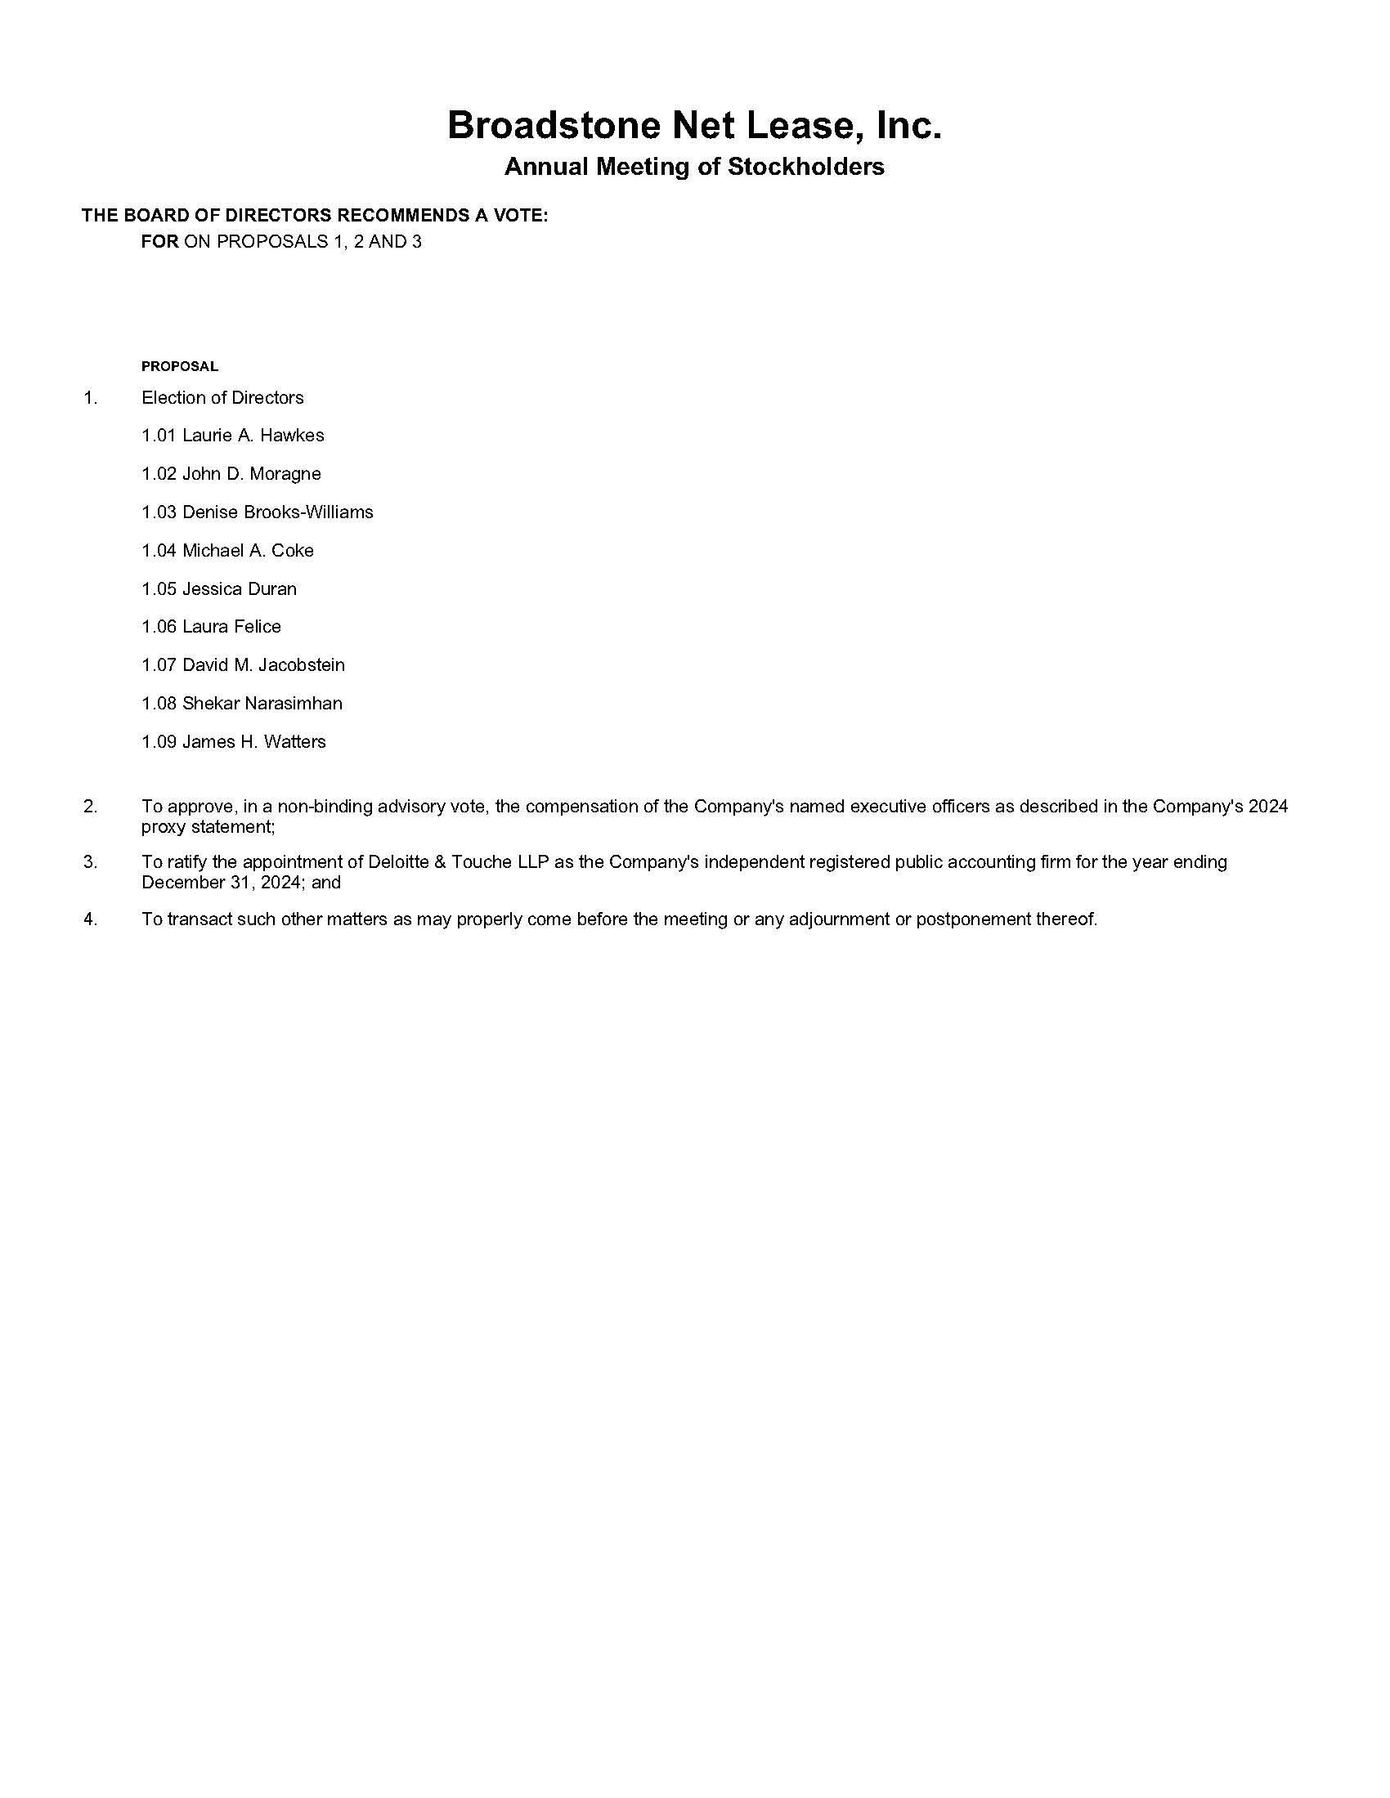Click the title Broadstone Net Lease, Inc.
[x=694, y=126]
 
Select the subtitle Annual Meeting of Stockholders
[x=694, y=167]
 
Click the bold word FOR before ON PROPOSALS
[x=159, y=242]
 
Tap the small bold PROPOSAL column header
[x=180, y=366]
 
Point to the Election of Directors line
[x=222, y=398]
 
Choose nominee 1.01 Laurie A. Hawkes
[x=232, y=436]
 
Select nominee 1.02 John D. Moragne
[x=231, y=473]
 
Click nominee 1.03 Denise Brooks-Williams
[x=257, y=512]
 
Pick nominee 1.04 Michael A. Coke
[x=227, y=550]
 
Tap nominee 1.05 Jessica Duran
[x=219, y=588]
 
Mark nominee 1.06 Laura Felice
[x=211, y=627]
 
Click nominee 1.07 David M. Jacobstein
[x=243, y=664]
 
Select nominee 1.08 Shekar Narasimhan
[x=241, y=703]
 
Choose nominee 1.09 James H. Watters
[x=233, y=742]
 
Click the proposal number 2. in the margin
[x=90, y=806]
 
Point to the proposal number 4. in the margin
[x=90, y=919]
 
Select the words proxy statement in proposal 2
[x=207, y=826]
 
